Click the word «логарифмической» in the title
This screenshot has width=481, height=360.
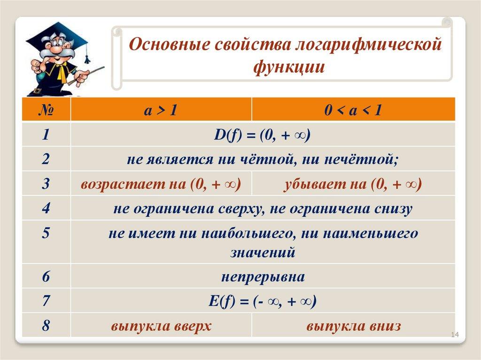(368, 45)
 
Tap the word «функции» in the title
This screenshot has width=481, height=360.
(289, 67)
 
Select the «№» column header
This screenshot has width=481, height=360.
(46, 110)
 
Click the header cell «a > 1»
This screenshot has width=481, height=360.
(161, 110)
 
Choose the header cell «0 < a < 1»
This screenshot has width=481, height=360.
(353, 110)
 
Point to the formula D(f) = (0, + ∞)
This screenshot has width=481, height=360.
(262, 135)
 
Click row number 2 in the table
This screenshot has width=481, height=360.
(46, 159)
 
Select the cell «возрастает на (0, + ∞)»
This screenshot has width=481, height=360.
(161, 184)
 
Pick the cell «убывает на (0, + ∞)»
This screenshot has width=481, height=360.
(353, 184)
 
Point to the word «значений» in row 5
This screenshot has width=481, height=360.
(263, 253)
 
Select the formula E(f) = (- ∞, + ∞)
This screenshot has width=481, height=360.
(263, 301)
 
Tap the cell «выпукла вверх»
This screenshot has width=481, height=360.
(161, 326)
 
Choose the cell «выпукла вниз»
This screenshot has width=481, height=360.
(353, 326)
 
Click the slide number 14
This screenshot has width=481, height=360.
(455, 335)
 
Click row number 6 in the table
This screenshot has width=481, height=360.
(46, 276)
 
